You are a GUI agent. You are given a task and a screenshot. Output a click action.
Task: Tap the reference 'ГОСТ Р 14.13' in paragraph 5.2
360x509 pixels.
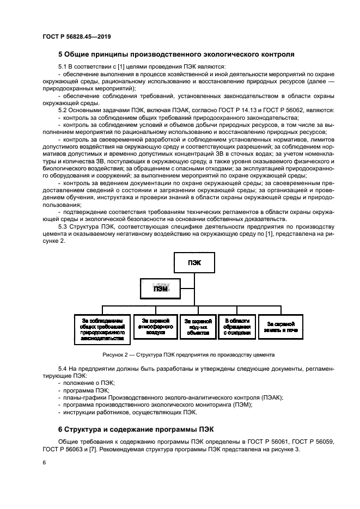[233, 110]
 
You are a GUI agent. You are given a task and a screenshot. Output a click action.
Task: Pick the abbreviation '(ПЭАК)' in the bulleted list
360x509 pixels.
[270, 397]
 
